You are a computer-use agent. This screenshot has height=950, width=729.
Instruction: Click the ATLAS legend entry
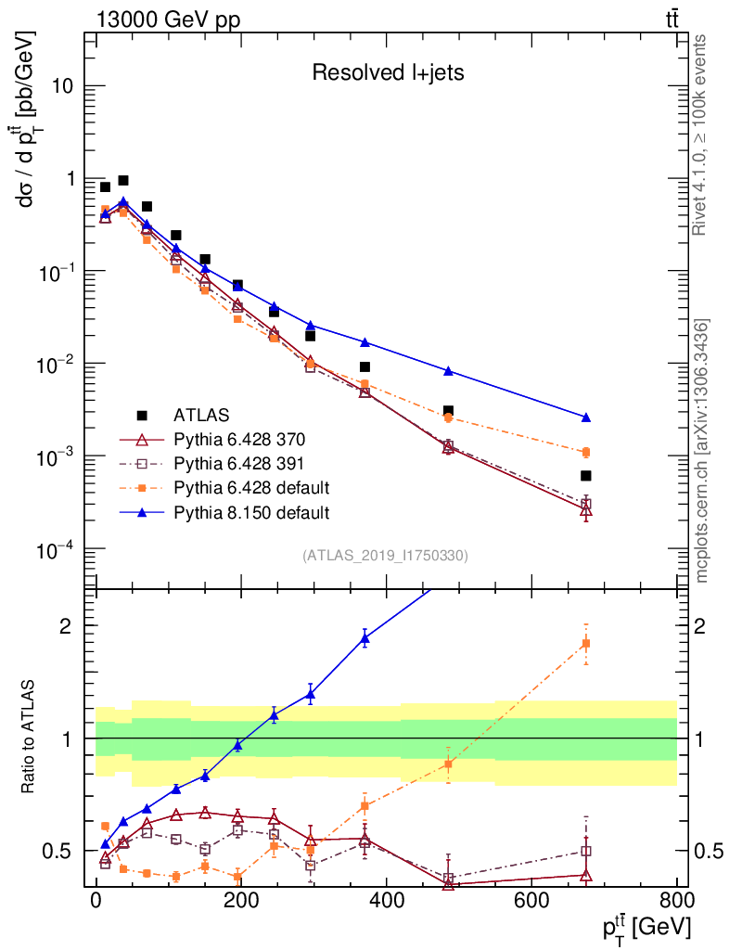(201, 414)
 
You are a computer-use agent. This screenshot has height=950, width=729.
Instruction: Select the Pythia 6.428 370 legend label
(240, 438)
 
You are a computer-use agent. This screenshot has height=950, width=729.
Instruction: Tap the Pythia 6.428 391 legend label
(240, 462)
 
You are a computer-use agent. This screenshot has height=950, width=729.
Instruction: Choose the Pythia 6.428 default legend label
(251, 487)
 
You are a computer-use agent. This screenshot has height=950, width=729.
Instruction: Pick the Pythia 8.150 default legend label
(251, 511)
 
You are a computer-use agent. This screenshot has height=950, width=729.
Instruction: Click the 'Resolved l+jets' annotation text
(388, 72)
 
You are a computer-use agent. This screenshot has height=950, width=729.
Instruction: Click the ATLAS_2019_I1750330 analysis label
(385, 556)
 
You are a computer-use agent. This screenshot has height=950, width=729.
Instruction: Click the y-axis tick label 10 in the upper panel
(64, 86)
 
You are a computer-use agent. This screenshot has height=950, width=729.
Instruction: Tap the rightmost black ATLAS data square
(586, 476)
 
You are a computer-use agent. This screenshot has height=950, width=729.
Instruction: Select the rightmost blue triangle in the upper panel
(586, 417)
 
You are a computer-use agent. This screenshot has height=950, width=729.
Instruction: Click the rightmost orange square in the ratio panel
(586, 644)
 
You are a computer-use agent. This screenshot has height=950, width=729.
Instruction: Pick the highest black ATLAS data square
(123, 180)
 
